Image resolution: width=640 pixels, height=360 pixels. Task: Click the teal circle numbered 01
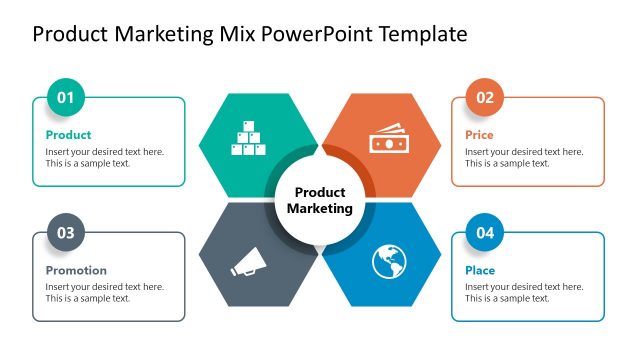66,98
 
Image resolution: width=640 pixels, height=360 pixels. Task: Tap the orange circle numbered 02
485,98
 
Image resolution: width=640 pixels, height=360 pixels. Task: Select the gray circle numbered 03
66,233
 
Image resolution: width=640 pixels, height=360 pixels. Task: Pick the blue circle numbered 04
485,233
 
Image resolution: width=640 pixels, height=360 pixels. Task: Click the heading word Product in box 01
68,135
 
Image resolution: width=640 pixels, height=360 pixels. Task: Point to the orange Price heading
479,135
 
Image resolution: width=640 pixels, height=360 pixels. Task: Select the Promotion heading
76,270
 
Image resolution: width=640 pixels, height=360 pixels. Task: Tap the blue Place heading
480,270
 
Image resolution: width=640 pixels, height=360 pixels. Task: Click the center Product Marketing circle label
320,200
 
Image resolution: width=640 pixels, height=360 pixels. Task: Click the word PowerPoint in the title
312,34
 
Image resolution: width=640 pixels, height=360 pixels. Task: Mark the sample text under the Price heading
524,158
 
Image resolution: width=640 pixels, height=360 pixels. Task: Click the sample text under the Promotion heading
105,292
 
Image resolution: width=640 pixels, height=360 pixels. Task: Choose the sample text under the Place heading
524,292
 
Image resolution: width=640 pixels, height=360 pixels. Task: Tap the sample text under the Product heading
105,158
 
